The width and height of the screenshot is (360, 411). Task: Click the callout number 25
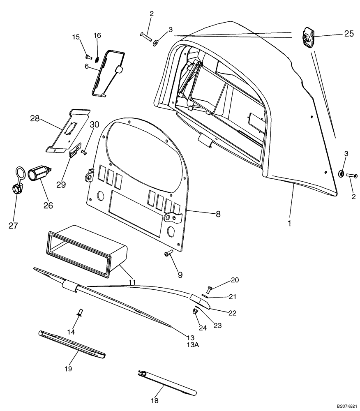[348, 34]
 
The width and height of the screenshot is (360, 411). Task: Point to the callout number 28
[35, 118]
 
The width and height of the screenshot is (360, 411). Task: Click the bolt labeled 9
[168, 254]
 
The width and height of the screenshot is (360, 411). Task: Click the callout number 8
[218, 214]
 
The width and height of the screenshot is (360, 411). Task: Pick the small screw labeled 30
[84, 152]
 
